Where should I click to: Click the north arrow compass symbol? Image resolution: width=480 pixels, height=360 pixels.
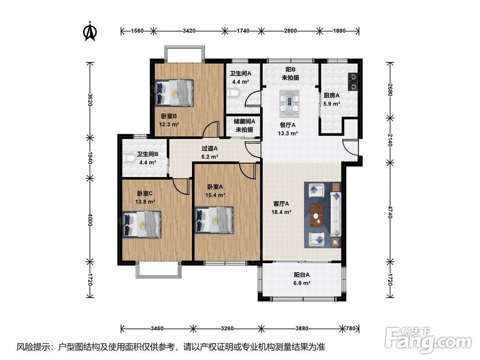[90, 31]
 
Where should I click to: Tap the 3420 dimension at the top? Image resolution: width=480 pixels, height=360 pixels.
[189, 31]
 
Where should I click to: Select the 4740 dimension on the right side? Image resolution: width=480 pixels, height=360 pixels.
[390, 212]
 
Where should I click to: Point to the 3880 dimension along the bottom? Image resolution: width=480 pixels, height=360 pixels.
[302, 328]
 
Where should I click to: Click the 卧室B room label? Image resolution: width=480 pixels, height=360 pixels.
[169, 116]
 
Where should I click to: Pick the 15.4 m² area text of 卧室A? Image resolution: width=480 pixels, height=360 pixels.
[215, 195]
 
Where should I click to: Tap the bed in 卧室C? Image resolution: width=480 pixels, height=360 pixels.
[142, 224]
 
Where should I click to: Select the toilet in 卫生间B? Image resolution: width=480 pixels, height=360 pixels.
[130, 158]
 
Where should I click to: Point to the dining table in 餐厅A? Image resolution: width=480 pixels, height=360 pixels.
[289, 104]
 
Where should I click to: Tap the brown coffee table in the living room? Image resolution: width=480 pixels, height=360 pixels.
[317, 215]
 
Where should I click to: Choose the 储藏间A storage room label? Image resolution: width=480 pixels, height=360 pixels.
[245, 121]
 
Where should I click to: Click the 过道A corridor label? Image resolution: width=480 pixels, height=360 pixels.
[210, 148]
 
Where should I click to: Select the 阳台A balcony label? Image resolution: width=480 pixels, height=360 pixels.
[302, 275]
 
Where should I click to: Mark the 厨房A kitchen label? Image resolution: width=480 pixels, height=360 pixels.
[332, 96]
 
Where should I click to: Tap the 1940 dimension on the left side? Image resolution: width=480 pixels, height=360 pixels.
[90, 157]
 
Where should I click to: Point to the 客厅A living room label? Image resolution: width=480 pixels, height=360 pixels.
[281, 204]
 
